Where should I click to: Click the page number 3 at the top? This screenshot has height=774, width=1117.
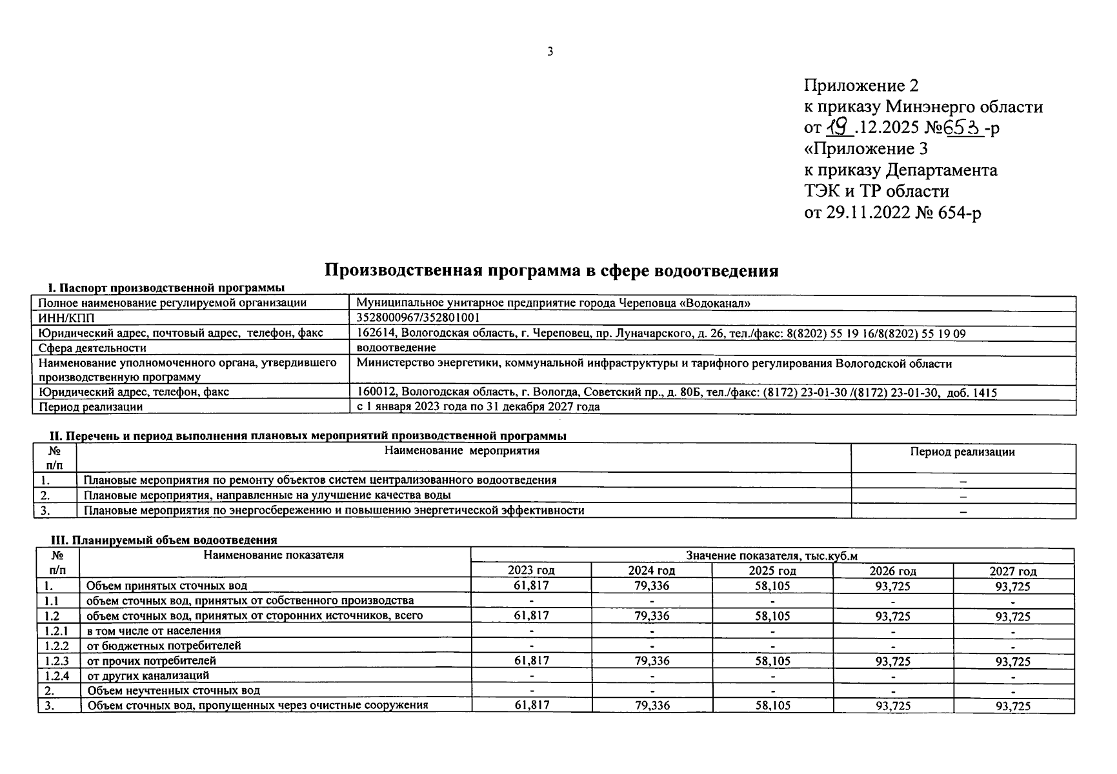pyautogui.click(x=550, y=52)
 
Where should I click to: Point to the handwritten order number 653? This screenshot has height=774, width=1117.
pyautogui.click(x=963, y=128)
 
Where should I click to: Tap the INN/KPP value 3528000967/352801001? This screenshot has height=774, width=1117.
pyautogui.click(x=418, y=318)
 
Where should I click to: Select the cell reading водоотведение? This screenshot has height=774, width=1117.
pyautogui.click(x=396, y=348)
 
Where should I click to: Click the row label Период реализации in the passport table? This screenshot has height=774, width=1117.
pyautogui.click(x=91, y=407)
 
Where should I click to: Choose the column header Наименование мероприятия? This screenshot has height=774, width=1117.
pyautogui.click(x=461, y=451)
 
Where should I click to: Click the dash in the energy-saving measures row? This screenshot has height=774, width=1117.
pyautogui.click(x=963, y=511)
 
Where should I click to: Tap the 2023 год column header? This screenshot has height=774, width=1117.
pyautogui.click(x=531, y=571)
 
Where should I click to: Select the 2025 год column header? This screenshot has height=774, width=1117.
pyautogui.click(x=772, y=571)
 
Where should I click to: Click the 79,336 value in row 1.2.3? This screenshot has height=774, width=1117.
pyautogui.click(x=652, y=661)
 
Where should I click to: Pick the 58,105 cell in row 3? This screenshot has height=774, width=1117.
pyautogui.click(x=772, y=706)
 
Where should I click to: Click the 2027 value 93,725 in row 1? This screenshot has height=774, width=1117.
pyautogui.click(x=1013, y=586)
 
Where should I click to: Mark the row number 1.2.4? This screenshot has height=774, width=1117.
pyautogui.click(x=57, y=676)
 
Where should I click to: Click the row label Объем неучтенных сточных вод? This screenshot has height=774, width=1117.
pyautogui.click(x=174, y=691)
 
